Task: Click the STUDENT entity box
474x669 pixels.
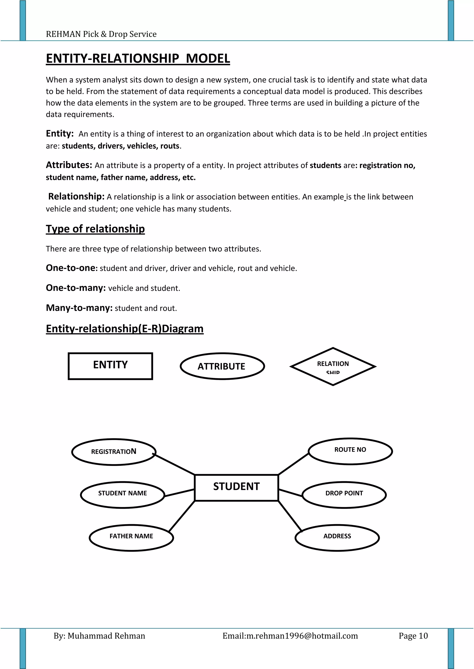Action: (236, 487)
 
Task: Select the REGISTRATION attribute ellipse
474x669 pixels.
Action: (114, 452)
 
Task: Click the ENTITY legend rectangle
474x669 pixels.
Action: (110, 366)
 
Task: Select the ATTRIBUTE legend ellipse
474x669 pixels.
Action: (222, 366)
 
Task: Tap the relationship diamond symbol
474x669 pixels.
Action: (333, 366)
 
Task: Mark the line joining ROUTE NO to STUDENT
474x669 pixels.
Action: (293, 464)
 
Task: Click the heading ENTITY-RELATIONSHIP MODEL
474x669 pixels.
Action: (138, 58)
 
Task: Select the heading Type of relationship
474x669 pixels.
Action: (95, 229)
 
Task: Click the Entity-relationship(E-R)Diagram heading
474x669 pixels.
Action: (125, 328)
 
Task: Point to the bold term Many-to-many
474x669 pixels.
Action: (79, 308)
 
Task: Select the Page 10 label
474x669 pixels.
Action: (413, 636)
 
